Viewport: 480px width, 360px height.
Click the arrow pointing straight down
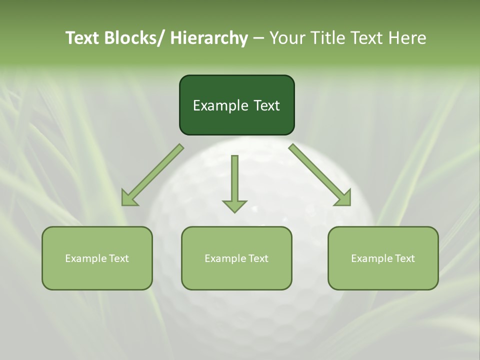(x=234, y=182)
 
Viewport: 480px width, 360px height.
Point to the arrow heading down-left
(x=153, y=174)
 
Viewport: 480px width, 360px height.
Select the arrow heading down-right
(x=319, y=174)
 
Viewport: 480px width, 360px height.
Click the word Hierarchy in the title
(x=209, y=38)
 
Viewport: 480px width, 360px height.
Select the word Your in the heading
(x=287, y=38)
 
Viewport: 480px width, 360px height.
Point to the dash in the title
(x=258, y=38)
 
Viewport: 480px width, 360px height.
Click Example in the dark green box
(x=218, y=105)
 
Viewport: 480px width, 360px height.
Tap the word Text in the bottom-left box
(x=118, y=258)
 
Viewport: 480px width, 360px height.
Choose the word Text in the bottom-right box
(x=404, y=258)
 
